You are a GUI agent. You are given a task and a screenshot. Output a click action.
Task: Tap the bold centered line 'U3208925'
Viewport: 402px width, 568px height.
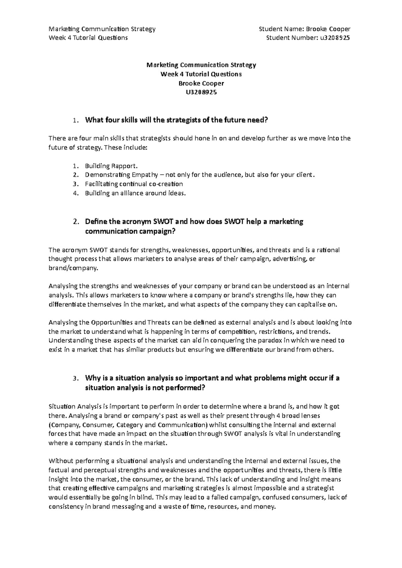click(x=201, y=92)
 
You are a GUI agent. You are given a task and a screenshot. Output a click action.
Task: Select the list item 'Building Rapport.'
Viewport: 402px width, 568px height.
click(x=111, y=166)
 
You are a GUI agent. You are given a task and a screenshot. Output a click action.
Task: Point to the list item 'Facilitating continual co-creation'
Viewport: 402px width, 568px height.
click(x=134, y=184)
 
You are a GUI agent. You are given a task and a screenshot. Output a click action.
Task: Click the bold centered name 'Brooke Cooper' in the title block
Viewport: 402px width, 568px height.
click(x=201, y=83)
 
